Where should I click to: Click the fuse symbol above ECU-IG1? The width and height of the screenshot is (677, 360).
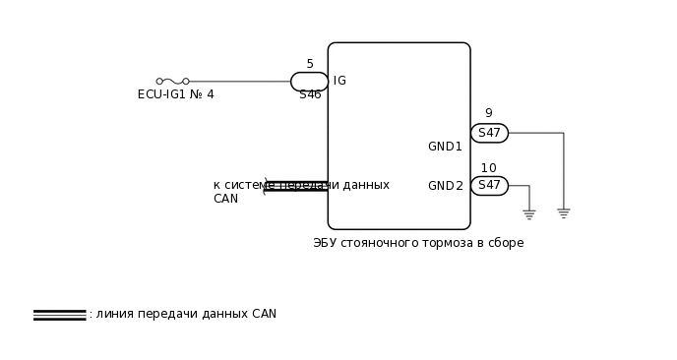pyautogui.click(x=172, y=82)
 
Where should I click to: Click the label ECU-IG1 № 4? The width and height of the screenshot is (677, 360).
pyautogui.click(x=175, y=95)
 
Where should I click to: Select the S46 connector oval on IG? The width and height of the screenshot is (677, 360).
pyautogui.click(x=309, y=82)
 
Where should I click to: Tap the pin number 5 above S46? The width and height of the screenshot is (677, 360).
pyautogui.click(x=310, y=64)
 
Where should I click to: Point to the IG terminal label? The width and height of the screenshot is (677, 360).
pyautogui.click(x=339, y=81)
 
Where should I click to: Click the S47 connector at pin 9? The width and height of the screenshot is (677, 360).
pyautogui.click(x=489, y=133)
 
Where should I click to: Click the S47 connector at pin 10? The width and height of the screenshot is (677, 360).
pyautogui.click(x=489, y=186)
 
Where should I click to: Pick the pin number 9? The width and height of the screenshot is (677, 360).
pyautogui.click(x=488, y=114)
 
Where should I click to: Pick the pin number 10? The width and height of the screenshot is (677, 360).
pyautogui.click(x=488, y=168)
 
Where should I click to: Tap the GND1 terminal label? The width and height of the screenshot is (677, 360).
pyautogui.click(x=445, y=147)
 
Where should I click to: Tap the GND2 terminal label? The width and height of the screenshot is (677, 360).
pyautogui.click(x=445, y=186)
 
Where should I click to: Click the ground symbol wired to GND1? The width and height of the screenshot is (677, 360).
pyautogui.click(x=563, y=212)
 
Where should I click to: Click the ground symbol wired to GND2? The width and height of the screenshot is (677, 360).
pyautogui.click(x=528, y=213)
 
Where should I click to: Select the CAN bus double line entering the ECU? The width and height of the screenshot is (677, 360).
pyautogui.click(x=296, y=186)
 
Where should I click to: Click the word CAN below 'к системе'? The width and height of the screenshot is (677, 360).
pyautogui.click(x=225, y=199)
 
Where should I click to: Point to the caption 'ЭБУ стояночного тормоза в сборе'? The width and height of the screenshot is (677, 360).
pyautogui.click(x=418, y=243)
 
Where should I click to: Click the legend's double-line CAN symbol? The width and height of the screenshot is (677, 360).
pyautogui.click(x=59, y=315)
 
